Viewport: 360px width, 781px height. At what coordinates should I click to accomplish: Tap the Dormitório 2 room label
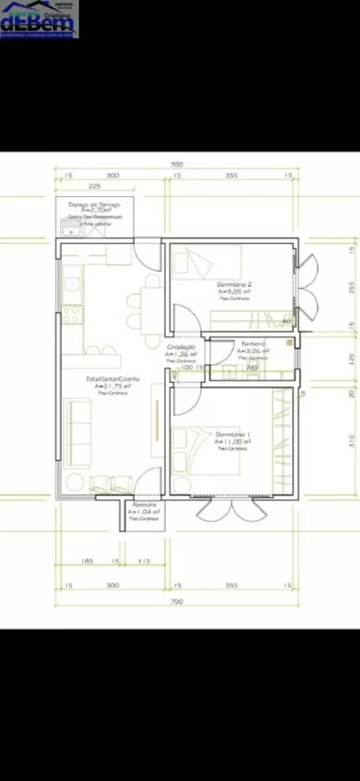(233, 284)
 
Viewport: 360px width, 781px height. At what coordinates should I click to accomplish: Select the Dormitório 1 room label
(232, 433)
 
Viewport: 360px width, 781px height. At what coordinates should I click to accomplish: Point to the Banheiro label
(253, 344)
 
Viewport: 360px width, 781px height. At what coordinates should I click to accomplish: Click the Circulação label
(181, 346)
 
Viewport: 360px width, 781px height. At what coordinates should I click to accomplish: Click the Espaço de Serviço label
(94, 203)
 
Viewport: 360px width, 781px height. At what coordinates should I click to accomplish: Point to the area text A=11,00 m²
(232, 441)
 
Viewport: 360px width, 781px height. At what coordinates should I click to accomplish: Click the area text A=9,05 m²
(233, 291)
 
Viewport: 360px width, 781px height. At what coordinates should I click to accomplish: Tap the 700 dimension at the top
(176, 165)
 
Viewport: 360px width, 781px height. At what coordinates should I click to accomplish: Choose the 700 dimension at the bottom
(176, 601)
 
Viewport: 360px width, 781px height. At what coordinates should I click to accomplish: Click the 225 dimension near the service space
(94, 187)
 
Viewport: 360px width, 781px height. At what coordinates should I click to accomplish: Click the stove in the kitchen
(72, 314)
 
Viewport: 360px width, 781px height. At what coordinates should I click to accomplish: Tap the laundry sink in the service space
(70, 228)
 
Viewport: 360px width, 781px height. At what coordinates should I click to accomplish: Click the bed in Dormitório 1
(205, 451)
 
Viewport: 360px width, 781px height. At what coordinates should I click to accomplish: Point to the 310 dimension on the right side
(351, 441)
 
